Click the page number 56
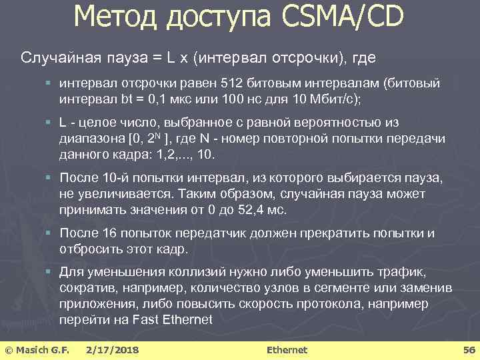468,349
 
